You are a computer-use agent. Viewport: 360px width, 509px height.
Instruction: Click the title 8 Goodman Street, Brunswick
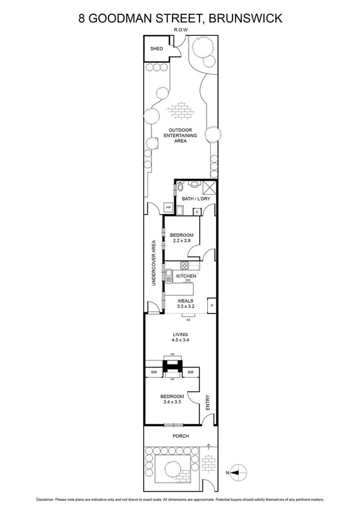point(180,18)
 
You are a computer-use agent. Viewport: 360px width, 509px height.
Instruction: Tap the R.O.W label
point(180,29)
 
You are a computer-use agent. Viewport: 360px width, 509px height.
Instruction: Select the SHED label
point(156,49)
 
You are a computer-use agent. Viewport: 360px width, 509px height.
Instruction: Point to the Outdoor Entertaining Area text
point(180,135)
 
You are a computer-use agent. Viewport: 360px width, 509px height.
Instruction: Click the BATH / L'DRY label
point(195,199)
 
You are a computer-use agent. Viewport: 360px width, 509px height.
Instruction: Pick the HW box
point(168,208)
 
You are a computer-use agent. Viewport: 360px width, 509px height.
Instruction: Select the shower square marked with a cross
point(208,186)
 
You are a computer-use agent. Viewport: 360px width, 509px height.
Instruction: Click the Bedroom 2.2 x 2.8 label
point(180,237)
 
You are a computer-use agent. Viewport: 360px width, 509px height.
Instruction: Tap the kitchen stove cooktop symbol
point(186,266)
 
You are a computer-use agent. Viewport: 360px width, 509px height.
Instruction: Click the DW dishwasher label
point(187,281)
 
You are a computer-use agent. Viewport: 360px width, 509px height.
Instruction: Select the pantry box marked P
point(211,305)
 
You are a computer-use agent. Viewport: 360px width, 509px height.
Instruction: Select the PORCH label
point(180,436)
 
